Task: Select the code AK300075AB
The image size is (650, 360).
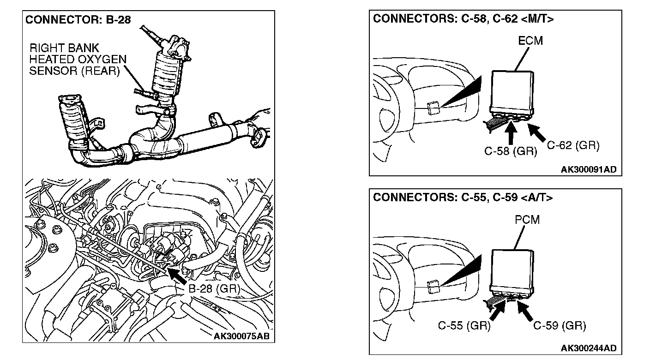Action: point(241,336)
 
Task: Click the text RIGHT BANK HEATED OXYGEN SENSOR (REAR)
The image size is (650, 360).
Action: point(74,60)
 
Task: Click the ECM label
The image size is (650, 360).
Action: point(530,41)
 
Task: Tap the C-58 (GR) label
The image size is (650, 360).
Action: point(511,151)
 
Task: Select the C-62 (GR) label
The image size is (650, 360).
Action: point(573,146)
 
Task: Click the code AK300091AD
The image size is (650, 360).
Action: point(588,169)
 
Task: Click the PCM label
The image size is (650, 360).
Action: point(527,220)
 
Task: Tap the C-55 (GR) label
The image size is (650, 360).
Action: point(464,326)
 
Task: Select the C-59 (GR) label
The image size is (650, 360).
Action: point(560,326)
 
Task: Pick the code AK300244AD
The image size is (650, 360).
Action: point(588,348)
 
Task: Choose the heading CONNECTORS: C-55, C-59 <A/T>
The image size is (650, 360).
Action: point(463,198)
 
